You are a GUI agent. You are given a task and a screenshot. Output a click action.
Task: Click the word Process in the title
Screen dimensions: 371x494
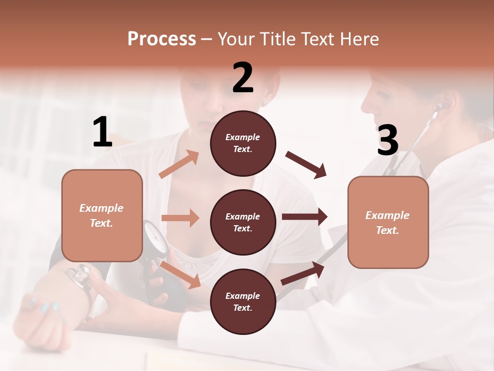click(162, 39)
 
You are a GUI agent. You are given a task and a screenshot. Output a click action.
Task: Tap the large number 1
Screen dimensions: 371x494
click(102, 132)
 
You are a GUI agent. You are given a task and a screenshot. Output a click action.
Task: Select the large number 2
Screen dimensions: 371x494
click(243, 78)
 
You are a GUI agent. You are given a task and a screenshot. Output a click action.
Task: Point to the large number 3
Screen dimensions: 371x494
click(388, 140)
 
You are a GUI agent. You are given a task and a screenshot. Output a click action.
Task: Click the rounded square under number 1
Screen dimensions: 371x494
click(102, 215)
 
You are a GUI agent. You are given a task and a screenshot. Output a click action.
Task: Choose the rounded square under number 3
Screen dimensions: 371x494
click(388, 223)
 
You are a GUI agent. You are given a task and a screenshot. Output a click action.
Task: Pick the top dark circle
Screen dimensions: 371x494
click(243, 143)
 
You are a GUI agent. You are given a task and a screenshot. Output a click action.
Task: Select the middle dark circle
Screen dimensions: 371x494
click(243, 223)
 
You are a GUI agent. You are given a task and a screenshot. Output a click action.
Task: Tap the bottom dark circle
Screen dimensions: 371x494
click(243, 302)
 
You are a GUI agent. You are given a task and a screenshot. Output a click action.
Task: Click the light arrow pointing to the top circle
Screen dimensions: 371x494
click(179, 164)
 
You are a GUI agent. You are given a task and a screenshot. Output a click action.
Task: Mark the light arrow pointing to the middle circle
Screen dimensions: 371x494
click(180, 218)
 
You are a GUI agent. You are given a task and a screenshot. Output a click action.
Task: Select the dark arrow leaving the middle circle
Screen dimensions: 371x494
click(305, 217)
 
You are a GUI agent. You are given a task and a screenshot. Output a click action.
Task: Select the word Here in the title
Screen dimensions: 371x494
click(359, 39)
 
